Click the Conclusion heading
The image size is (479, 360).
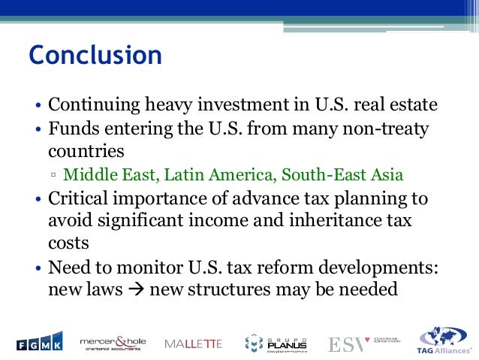tap(95, 55)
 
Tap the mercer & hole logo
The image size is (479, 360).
tap(113, 343)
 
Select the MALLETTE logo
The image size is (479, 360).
tap(193, 343)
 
